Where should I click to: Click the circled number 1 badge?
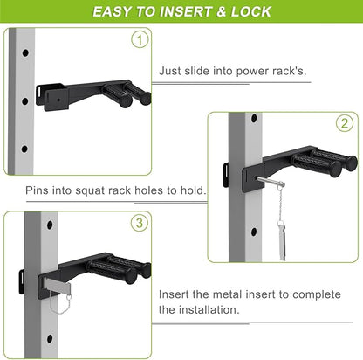point(140,40)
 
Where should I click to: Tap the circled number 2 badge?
point(345,123)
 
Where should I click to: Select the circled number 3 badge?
point(140,223)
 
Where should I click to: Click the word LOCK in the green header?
point(251,11)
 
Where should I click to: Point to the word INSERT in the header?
point(185,11)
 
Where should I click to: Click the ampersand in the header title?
point(221,11)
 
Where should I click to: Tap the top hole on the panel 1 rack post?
point(25,53)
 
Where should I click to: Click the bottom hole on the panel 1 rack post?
point(24,149)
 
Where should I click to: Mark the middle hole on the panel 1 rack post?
point(25,101)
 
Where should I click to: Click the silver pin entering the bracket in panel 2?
point(270,182)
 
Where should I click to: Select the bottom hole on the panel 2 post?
point(254,232)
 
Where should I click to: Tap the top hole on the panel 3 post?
point(50,225)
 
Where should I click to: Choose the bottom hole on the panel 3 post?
point(50,339)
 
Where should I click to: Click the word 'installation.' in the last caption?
point(209,309)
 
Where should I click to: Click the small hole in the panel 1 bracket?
point(58,100)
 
